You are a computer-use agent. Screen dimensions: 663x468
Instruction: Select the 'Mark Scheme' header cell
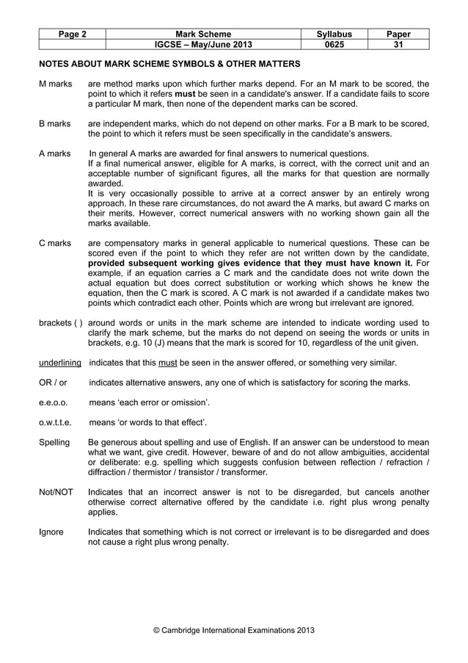[203, 34]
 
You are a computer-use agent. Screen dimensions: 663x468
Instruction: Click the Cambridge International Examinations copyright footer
[233, 630]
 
